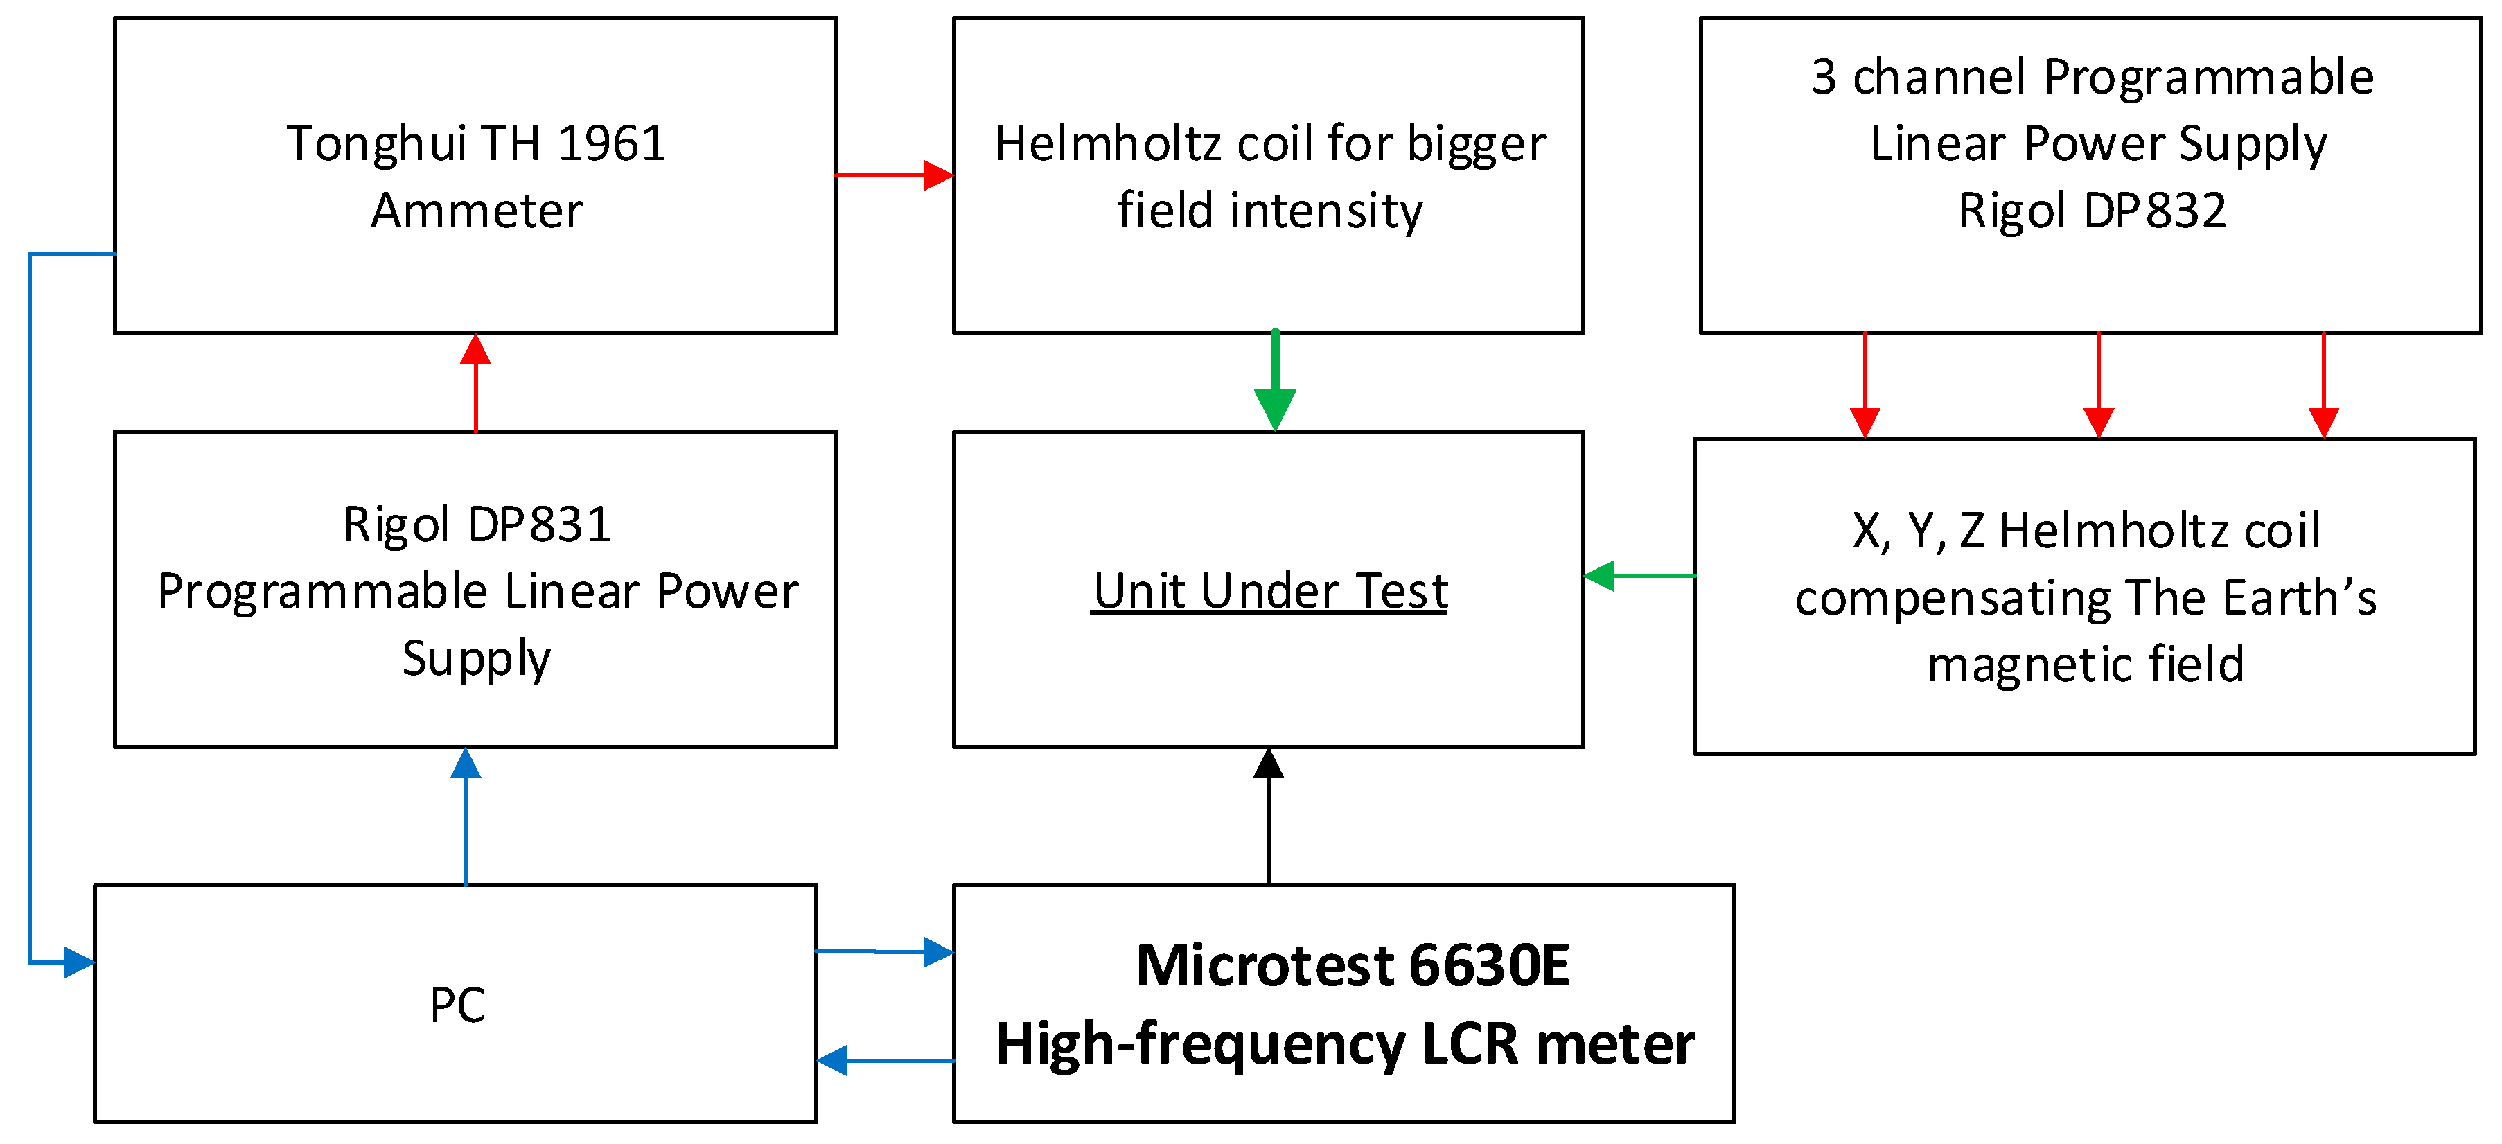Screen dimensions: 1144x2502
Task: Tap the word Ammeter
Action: point(476,211)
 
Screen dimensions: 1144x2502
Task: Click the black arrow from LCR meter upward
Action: point(1269,816)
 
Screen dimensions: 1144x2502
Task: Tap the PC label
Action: point(457,1005)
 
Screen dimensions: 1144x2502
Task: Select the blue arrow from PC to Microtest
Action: point(884,951)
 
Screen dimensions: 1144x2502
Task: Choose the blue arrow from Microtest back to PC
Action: point(884,1060)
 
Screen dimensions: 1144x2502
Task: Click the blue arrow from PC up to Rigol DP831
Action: point(466,816)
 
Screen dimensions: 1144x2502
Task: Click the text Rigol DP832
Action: point(2091,211)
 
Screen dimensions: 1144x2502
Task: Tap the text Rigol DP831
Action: point(476,525)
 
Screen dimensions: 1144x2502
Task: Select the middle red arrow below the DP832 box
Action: point(2099,385)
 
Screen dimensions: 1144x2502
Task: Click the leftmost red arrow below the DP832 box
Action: point(1865,385)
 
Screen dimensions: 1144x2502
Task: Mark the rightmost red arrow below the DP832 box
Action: point(2323,385)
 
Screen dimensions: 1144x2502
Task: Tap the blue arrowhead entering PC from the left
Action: point(78,962)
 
